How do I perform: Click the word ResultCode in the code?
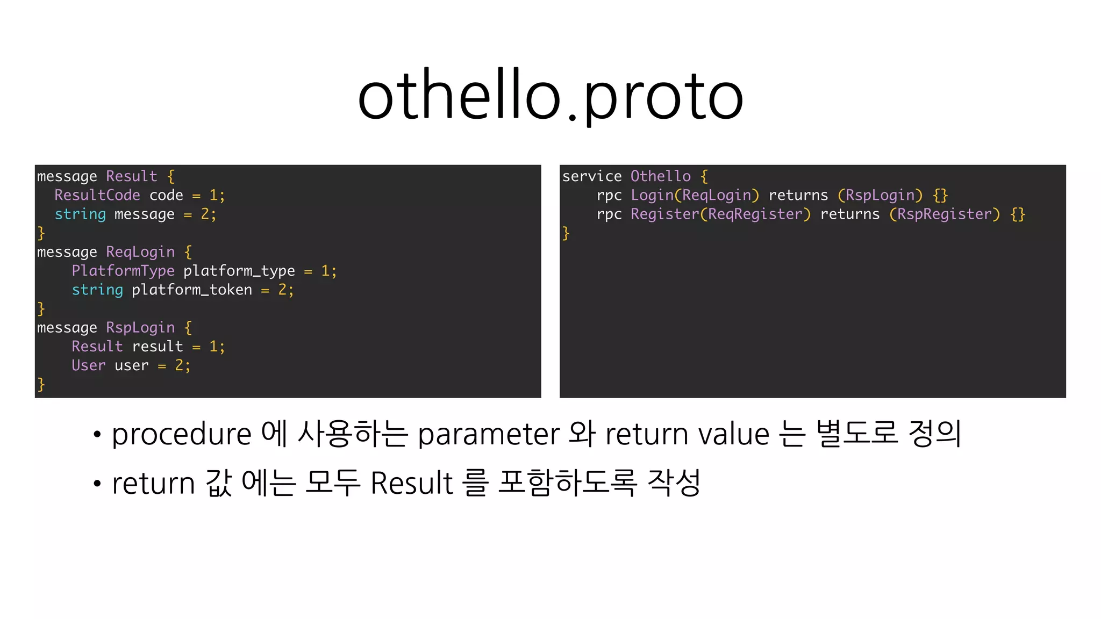click(97, 195)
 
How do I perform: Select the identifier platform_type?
click(239, 271)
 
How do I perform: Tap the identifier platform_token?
click(191, 290)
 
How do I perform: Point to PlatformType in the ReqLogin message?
click(123, 271)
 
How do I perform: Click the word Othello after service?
click(660, 176)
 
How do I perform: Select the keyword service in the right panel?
click(591, 176)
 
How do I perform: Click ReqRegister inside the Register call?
click(755, 214)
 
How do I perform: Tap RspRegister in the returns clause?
click(944, 214)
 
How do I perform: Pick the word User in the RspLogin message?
click(89, 365)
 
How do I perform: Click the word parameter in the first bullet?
click(489, 434)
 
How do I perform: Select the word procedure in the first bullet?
click(181, 434)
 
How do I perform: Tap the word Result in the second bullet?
click(412, 483)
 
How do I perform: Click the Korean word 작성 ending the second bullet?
click(674, 482)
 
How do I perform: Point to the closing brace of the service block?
click(566, 233)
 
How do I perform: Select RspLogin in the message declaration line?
click(140, 328)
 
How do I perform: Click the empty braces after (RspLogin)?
click(940, 195)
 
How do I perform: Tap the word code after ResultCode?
click(166, 195)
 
